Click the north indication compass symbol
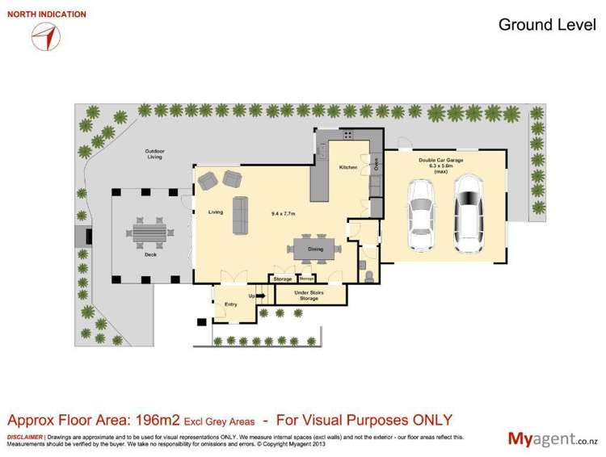tap(47, 36)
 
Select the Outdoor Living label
tap(154, 153)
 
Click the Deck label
tap(150, 254)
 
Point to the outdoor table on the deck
tap(149, 233)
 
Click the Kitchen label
tap(347, 167)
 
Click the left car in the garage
tap(422, 214)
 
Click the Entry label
tap(230, 304)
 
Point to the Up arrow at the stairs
tap(259, 296)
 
